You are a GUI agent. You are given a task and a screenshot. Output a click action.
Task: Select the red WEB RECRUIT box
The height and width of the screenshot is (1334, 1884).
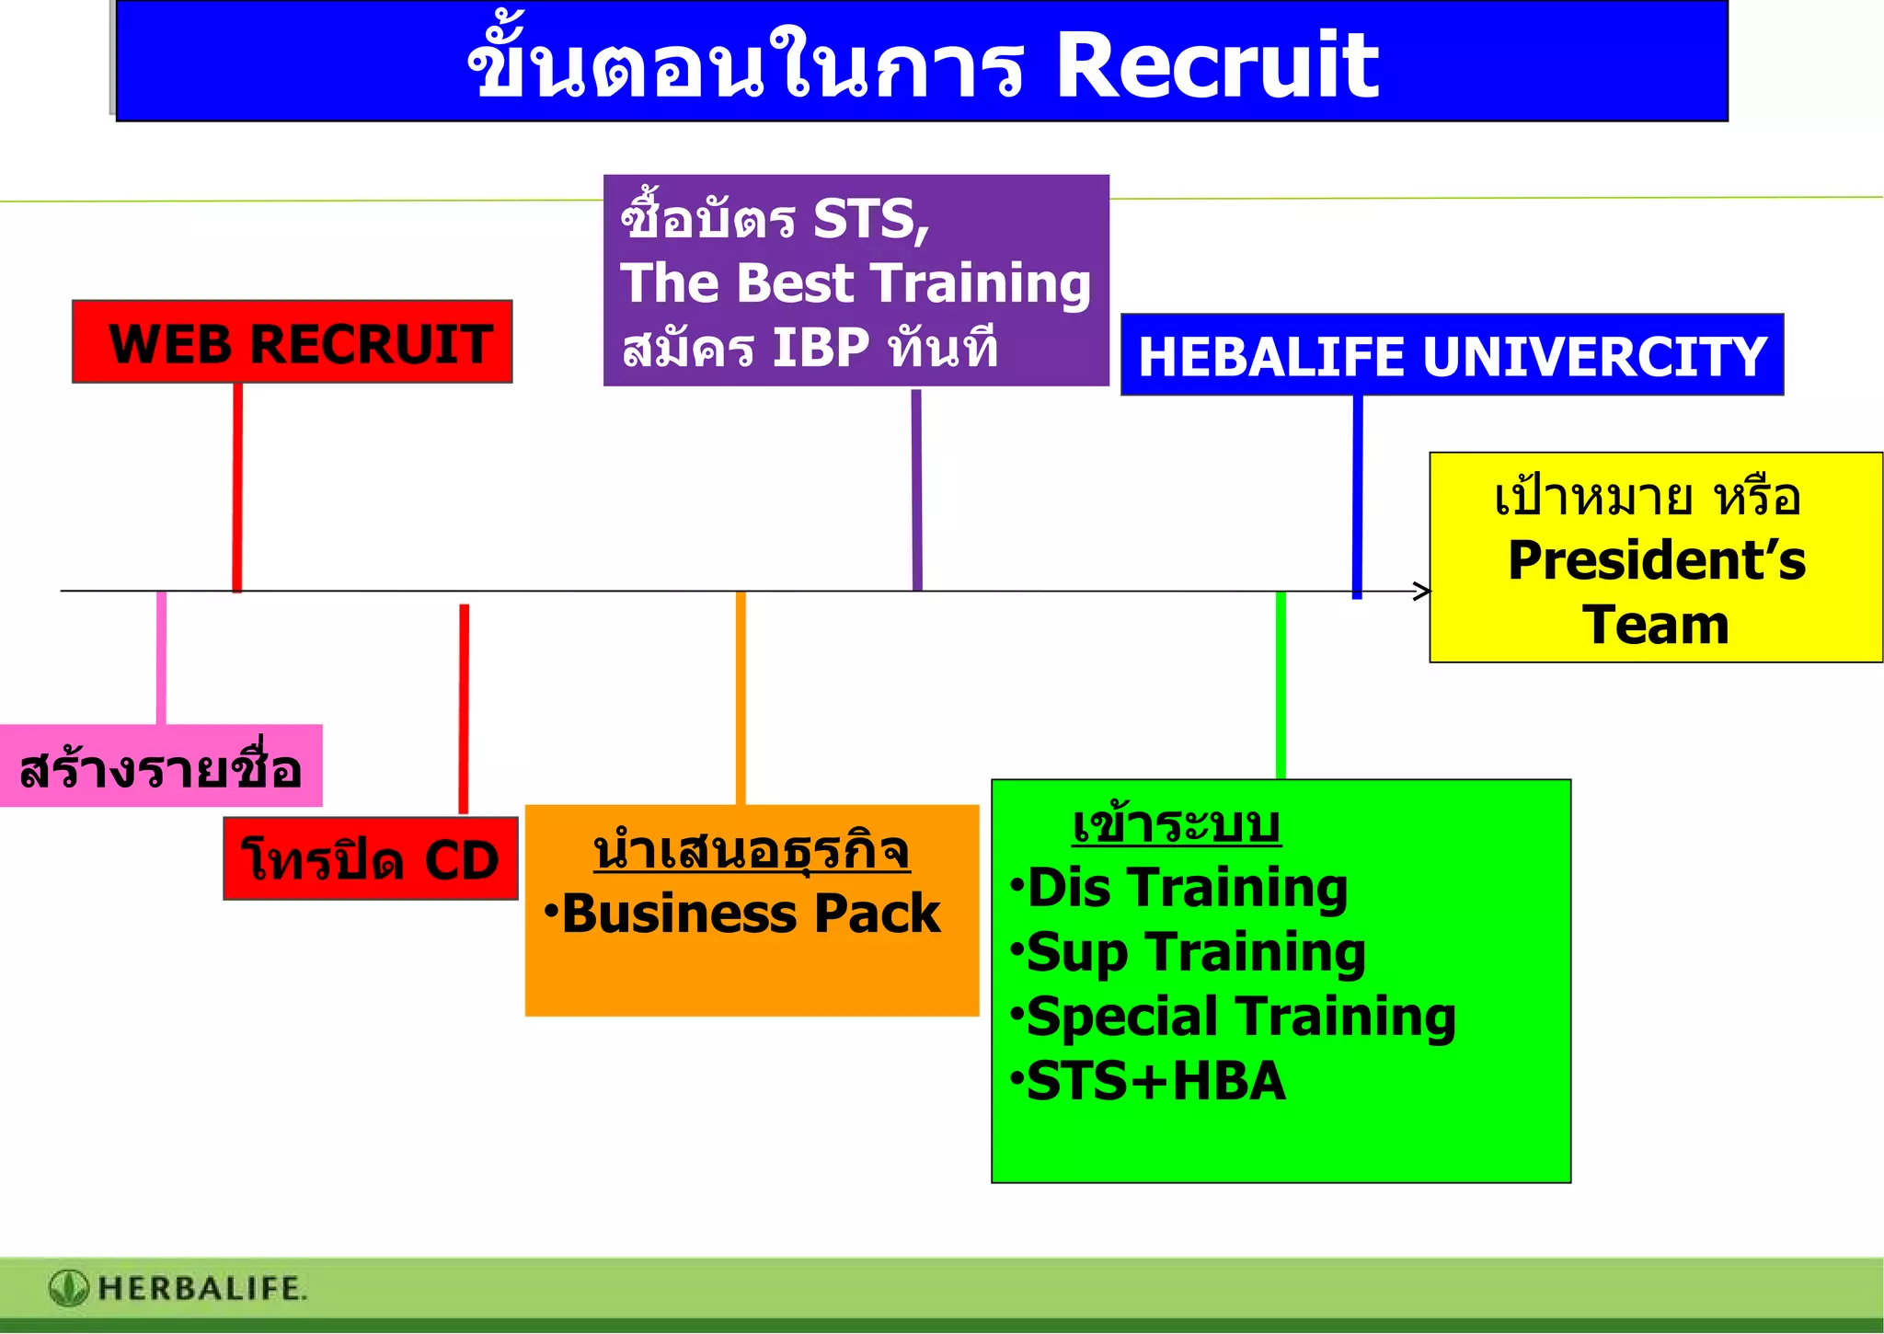click(x=293, y=342)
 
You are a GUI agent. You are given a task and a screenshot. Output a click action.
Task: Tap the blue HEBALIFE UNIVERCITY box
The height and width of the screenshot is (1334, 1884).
click(x=1452, y=356)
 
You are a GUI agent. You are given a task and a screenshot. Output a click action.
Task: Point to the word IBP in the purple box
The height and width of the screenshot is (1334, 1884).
click(x=821, y=348)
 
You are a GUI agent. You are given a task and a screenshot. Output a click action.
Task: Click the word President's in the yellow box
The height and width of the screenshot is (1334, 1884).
click(x=1657, y=560)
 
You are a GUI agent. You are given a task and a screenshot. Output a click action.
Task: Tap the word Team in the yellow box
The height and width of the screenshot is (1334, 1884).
click(x=1656, y=626)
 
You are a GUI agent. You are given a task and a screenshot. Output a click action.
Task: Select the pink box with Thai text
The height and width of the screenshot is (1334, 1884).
click(x=161, y=766)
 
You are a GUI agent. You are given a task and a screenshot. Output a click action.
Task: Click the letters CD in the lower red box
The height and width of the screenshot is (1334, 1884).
click(x=462, y=861)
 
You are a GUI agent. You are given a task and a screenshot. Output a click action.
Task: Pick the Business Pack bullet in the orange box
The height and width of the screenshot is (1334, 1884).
click(x=750, y=914)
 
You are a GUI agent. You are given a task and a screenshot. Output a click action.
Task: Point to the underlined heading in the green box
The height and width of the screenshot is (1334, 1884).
click(x=1176, y=824)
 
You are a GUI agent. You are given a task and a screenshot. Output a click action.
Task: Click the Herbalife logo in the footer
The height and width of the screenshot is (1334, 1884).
click(x=69, y=1288)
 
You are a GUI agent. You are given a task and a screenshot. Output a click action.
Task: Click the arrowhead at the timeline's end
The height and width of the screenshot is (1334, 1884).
click(x=1422, y=591)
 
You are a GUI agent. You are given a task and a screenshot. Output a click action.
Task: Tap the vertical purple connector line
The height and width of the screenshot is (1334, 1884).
click(x=916, y=488)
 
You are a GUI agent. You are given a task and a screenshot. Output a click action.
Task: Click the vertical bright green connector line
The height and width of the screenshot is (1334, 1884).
click(x=1281, y=685)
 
